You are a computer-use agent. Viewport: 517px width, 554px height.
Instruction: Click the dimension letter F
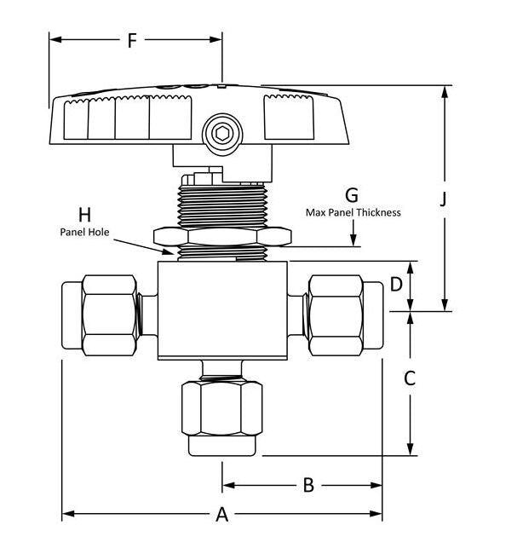(x=132, y=41)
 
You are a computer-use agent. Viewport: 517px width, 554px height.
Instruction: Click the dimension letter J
(x=443, y=199)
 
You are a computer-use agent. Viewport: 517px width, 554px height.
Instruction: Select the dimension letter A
(x=221, y=515)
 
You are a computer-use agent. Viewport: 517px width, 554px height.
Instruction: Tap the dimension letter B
(x=308, y=485)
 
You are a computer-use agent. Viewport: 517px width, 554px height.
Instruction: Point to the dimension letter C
(x=410, y=378)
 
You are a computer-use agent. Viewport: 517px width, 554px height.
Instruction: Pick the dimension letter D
(x=396, y=284)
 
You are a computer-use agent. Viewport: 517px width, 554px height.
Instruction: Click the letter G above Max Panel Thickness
(x=352, y=195)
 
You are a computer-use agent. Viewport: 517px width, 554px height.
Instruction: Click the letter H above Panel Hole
(x=85, y=215)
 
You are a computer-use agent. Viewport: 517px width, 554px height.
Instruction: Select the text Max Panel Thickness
(x=353, y=213)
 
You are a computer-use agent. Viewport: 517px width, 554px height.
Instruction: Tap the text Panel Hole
(x=84, y=232)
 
